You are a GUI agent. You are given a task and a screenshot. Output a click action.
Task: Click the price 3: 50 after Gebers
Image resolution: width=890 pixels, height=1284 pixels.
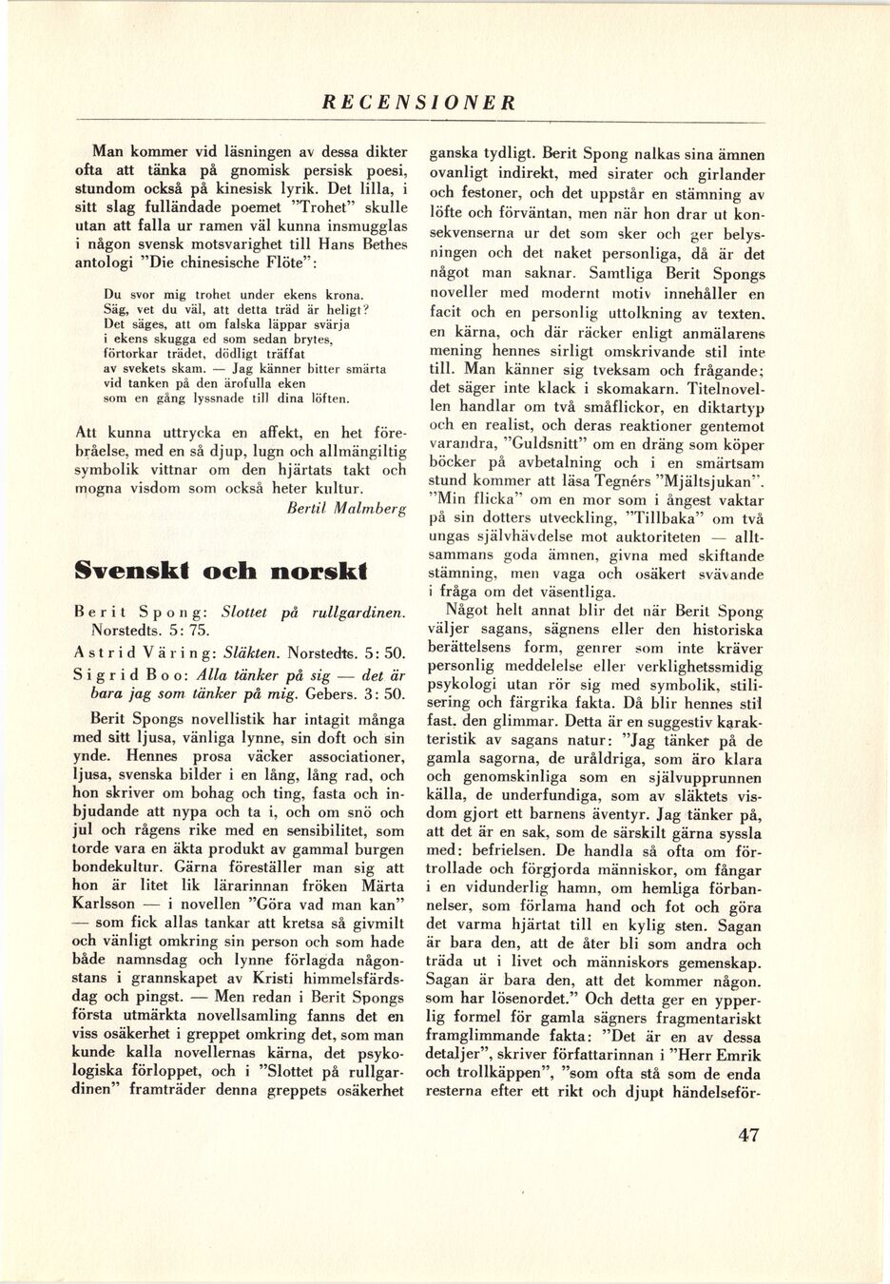381,694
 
